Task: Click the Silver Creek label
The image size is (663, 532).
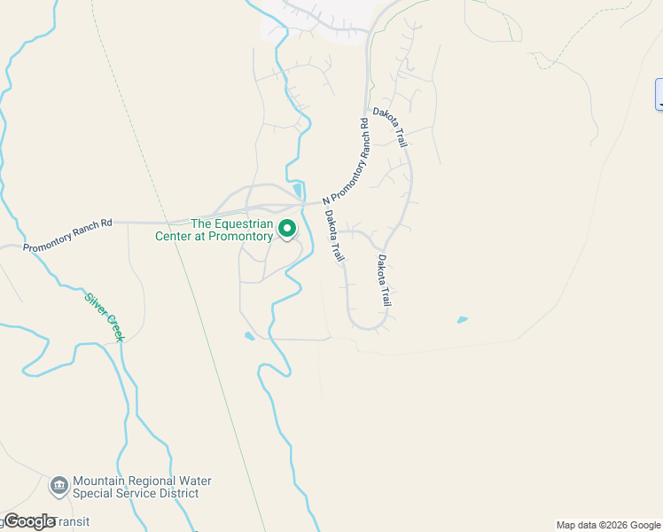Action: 103,317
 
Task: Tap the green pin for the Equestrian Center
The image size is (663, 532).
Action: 288,229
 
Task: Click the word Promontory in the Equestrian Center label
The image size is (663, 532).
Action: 238,236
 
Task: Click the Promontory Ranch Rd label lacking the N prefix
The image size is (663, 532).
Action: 67,235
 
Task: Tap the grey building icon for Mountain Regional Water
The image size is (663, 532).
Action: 59,485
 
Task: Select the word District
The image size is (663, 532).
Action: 190,493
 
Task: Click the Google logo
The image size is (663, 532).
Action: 29,521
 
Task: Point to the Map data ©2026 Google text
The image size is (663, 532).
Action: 607,525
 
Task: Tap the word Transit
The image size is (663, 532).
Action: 74,521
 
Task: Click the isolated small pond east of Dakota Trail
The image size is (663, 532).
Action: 462,319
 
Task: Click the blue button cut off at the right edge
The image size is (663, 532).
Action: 659,95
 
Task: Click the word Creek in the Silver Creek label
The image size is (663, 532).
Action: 113,327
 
